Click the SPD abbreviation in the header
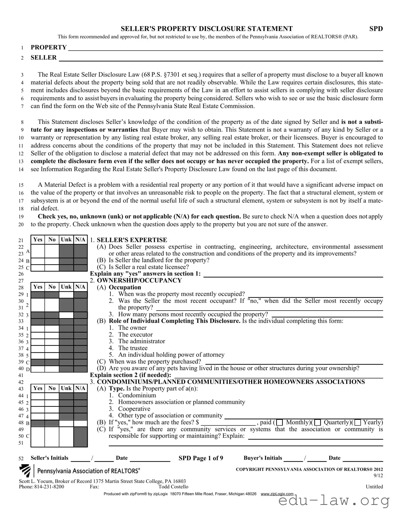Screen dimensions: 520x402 (x=376, y=29)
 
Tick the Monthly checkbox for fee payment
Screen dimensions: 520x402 (x=279, y=423)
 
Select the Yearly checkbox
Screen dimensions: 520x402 (x=357, y=423)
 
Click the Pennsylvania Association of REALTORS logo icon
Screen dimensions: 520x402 (x=25, y=471)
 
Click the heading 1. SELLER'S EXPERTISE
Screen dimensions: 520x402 (x=128, y=240)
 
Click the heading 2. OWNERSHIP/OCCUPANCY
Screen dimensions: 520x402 (x=136, y=280)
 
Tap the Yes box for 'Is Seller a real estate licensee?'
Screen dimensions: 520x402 (x=38, y=268)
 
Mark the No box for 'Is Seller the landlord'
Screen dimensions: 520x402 (x=52, y=261)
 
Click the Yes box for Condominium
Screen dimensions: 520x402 (x=38, y=396)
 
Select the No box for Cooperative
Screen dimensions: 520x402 (x=52, y=410)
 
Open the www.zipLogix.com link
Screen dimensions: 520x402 (x=277, y=494)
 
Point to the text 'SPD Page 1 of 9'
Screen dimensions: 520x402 (x=201, y=458)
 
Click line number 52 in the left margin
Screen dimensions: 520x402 (x=21, y=458)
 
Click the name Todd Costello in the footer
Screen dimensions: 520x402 (x=173, y=487)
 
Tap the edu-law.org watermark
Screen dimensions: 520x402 (x=334, y=501)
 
